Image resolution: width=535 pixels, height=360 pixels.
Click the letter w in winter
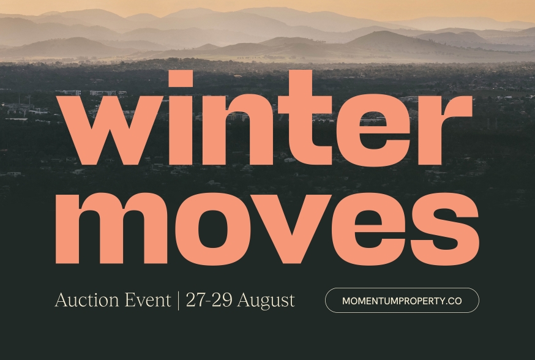pos(109,130)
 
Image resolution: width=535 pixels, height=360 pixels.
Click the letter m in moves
pos(111,228)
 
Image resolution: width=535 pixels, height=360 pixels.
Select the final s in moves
pos(445,228)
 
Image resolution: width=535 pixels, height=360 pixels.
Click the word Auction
pos(87,300)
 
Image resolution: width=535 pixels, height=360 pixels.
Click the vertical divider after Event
pos(178,301)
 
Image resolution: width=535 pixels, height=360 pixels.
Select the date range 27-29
pos(209,300)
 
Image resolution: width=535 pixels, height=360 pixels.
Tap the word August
pos(266,301)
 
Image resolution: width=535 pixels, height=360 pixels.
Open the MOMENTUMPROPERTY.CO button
pos(402,301)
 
